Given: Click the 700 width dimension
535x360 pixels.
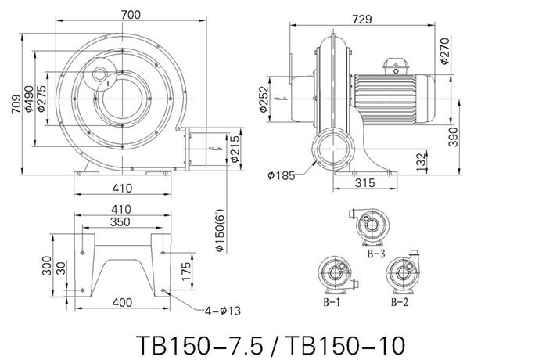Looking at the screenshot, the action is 131,15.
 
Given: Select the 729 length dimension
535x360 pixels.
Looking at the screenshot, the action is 362,19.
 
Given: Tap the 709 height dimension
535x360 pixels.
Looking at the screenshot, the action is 16,104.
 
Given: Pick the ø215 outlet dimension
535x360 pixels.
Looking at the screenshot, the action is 235,149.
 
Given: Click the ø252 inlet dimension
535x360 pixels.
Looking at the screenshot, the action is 264,99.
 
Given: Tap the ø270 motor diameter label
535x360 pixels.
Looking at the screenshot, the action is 445,51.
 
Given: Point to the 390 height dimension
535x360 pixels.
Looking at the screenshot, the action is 453,137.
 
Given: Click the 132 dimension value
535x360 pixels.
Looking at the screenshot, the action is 422,162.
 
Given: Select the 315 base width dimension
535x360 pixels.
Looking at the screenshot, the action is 365,183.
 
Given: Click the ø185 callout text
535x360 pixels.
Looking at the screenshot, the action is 281,175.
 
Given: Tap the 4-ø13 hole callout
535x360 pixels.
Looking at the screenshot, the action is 222,311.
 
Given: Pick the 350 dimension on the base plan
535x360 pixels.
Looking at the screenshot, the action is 120,221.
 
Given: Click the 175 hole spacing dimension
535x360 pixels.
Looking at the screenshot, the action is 186,272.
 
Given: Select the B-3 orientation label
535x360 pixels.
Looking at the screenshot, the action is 376,254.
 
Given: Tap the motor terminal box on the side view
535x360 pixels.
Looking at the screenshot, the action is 396,67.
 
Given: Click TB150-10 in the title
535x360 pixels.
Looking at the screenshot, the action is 345,345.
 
